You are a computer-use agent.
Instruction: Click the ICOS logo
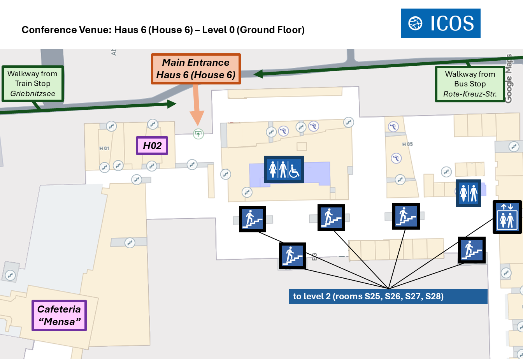(441, 23)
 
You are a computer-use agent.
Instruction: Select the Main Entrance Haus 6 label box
(196, 69)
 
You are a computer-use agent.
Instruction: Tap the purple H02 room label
(152, 146)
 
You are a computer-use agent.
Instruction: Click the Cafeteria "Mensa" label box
(59, 315)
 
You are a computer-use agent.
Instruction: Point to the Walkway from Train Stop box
(32, 84)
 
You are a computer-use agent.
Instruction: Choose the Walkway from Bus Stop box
(470, 84)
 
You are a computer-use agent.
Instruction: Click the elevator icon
(507, 217)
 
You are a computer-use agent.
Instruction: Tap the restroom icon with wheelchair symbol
(284, 170)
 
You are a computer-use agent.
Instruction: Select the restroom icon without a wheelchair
(468, 193)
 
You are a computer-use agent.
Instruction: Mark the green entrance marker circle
(198, 134)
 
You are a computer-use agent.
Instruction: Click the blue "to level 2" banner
(388, 297)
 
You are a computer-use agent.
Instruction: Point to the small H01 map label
(104, 148)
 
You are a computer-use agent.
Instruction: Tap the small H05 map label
(407, 144)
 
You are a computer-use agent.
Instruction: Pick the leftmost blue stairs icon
(252, 219)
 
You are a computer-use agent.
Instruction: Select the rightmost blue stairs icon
(472, 250)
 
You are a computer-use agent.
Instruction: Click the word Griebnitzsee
(33, 94)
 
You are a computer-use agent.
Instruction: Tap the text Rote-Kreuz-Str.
(470, 94)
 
